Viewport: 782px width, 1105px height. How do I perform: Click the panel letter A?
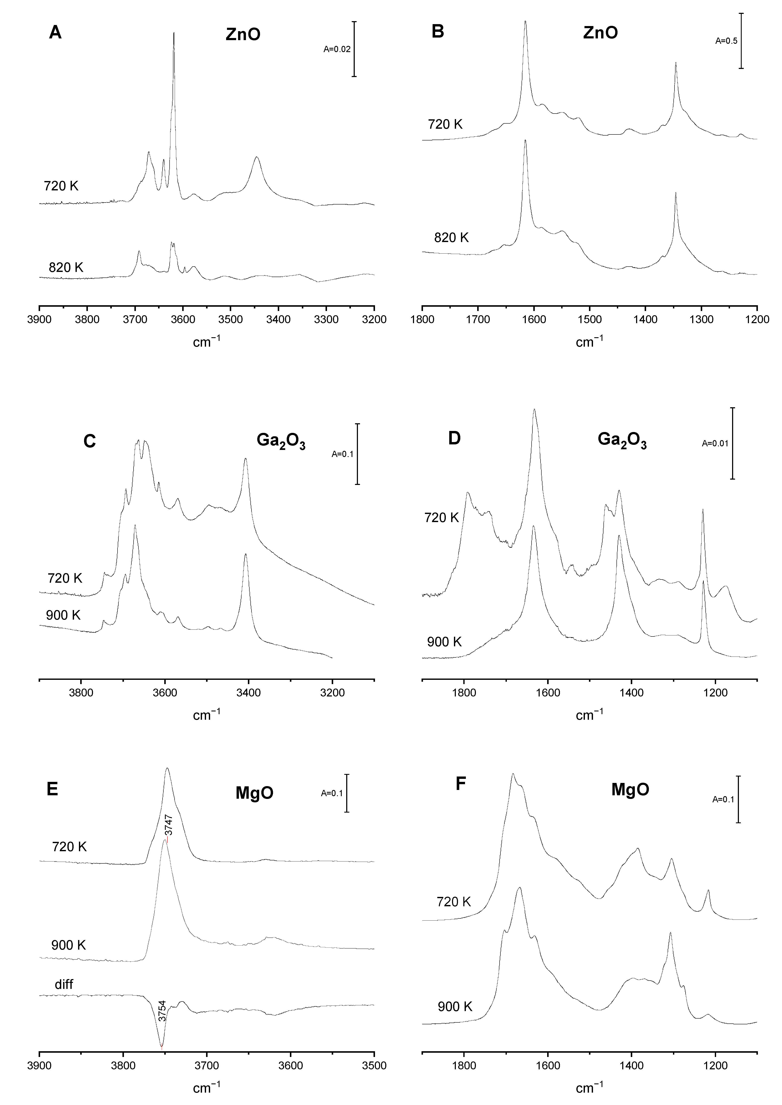[x=55, y=33]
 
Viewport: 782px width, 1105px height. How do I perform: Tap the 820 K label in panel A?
[x=66, y=267]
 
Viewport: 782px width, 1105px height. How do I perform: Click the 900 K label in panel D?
[x=444, y=642]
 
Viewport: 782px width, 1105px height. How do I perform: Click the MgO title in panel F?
[x=630, y=790]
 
